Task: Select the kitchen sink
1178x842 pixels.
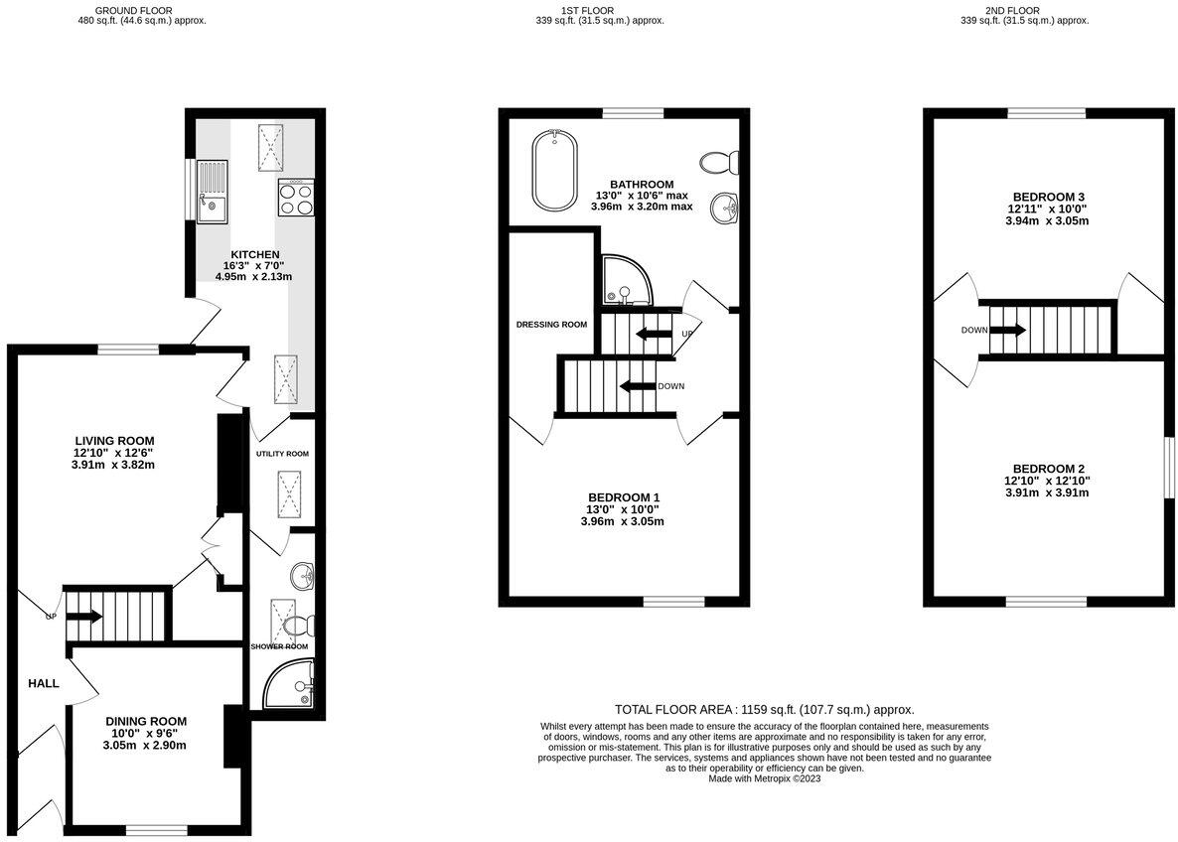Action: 212,209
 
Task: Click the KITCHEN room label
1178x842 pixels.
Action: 253,254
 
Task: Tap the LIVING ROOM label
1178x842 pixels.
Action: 114,441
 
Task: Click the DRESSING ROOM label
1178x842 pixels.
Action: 551,325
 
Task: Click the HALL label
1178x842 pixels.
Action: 44,683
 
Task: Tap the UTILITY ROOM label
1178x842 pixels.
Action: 282,454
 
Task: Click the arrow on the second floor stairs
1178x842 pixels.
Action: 1007,330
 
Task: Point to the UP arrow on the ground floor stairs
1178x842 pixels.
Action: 84,617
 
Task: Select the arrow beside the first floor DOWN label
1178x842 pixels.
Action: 637,386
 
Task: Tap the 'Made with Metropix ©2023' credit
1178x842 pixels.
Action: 764,778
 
